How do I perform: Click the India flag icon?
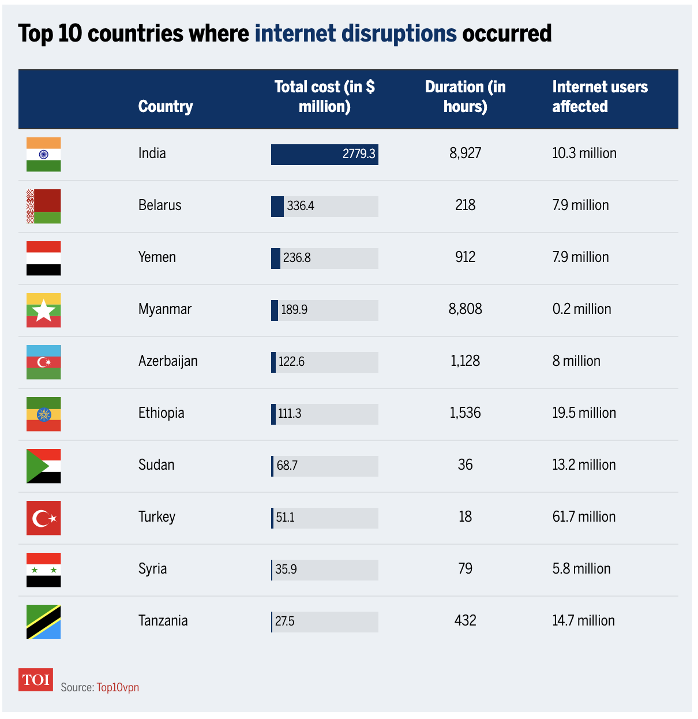tap(43, 154)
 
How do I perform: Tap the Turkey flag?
tap(43, 518)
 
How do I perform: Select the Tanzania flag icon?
tap(43, 621)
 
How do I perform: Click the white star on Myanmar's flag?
tap(44, 312)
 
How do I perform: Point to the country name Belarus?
tap(160, 205)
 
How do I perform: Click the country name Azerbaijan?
tap(168, 361)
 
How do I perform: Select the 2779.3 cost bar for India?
tap(324, 154)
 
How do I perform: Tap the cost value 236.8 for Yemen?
tap(297, 258)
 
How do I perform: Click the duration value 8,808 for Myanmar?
tap(465, 309)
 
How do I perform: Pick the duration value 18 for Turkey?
tap(465, 517)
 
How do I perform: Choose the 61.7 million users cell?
tap(584, 517)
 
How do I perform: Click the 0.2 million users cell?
tap(581, 309)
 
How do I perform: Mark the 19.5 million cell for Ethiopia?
tap(584, 413)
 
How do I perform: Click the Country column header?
tap(166, 107)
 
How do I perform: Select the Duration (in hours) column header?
tap(465, 97)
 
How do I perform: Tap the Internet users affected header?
tap(599, 97)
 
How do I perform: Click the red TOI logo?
tap(36, 680)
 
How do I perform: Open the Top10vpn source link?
tap(118, 687)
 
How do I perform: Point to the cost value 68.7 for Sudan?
tap(287, 466)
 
